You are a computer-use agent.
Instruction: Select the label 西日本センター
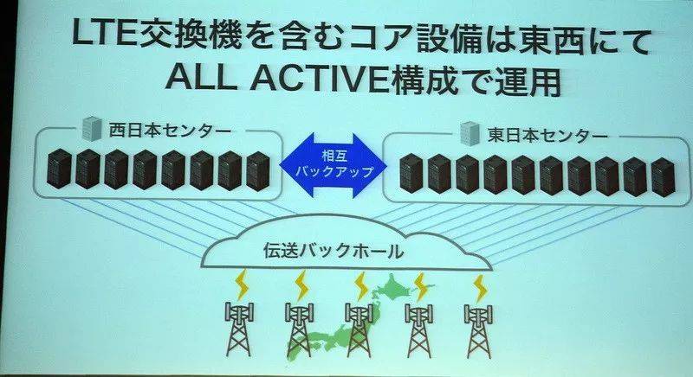click(x=170, y=131)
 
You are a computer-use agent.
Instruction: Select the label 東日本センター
click(x=548, y=135)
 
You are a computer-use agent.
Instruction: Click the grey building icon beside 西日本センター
click(x=93, y=128)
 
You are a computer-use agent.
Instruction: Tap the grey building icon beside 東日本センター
click(x=470, y=133)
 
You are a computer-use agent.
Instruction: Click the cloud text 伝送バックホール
click(x=334, y=252)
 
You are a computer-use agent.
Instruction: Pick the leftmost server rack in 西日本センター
click(x=59, y=169)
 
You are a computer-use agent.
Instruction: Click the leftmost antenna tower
click(x=239, y=329)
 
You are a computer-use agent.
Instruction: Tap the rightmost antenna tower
click(x=479, y=329)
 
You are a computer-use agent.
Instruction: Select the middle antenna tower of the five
click(x=359, y=329)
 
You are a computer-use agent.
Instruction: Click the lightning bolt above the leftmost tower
click(x=243, y=284)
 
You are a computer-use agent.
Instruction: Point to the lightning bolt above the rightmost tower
click(x=480, y=287)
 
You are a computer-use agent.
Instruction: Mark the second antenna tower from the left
click(x=300, y=329)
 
